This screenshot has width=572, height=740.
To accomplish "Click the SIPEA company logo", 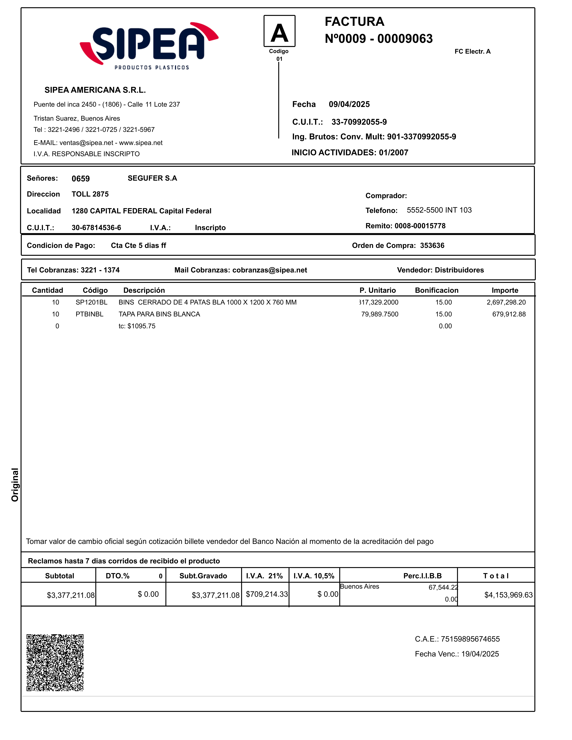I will (x=149, y=46).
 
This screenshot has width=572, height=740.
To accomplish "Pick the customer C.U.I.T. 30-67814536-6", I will (x=96, y=228).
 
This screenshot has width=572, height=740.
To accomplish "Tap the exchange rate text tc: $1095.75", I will (x=137, y=326).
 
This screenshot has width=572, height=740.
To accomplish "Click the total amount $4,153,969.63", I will (x=508, y=595).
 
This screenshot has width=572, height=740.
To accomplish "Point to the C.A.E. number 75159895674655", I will (x=470, y=639).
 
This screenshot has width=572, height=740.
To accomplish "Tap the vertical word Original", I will (x=15, y=484).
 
